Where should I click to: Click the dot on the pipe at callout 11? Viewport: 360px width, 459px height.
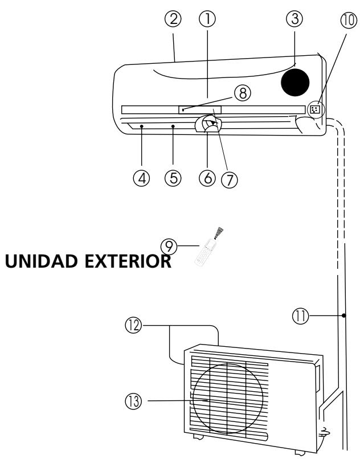[345, 315]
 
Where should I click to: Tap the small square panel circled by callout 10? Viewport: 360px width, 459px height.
[314, 108]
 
